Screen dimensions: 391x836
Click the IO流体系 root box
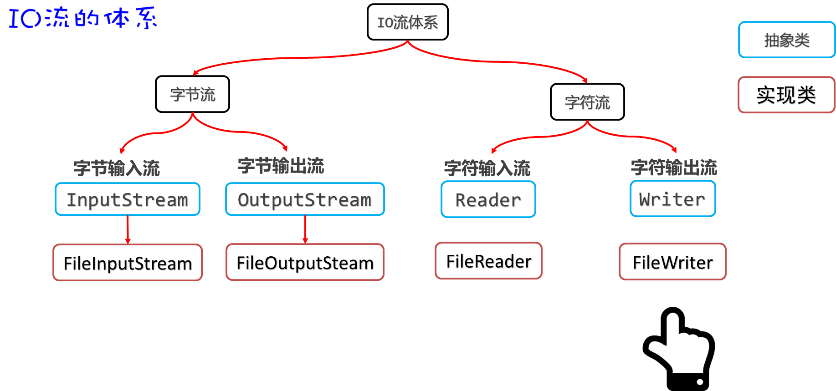(407, 22)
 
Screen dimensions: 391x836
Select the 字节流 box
(192, 94)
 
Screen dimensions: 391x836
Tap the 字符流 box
(587, 102)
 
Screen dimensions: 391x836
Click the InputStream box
(128, 199)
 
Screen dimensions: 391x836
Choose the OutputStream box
(305, 199)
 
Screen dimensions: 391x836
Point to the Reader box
(488, 200)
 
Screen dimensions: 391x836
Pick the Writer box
(672, 199)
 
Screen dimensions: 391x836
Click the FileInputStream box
(128, 263)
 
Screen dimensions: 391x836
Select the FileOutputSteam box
(305, 263)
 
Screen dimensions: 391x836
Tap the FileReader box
(488, 261)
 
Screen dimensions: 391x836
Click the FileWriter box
(672, 262)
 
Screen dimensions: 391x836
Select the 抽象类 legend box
(787, 40)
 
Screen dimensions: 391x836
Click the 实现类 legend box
(786, 95)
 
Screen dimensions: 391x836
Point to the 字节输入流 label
(117, 168)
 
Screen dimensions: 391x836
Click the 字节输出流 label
(281, 166)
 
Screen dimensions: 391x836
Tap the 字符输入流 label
(487, 168)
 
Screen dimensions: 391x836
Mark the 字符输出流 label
(674, 168)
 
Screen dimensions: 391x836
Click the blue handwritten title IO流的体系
(82, 17)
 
